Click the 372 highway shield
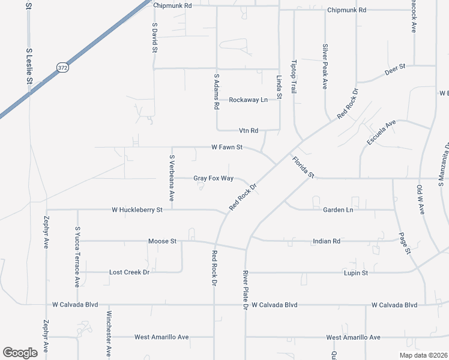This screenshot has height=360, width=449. coord(63,68)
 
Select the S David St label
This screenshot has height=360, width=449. coord(154,38)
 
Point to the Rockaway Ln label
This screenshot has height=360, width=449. coord(248,100)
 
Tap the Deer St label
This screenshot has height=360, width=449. coord(396,69)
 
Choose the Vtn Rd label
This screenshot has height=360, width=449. coord(248,130)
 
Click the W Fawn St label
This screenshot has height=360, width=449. coord(226,147)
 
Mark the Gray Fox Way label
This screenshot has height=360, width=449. coord(213,179)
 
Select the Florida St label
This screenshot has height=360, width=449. coord(303,167)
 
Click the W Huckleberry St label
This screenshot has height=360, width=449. coord(137,210)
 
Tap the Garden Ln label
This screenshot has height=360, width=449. coord(338,211)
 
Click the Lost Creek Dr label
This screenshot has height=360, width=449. coord(128,272)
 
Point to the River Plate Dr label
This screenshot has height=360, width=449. coord(245,290)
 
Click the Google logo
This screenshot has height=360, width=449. coord(20,353)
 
